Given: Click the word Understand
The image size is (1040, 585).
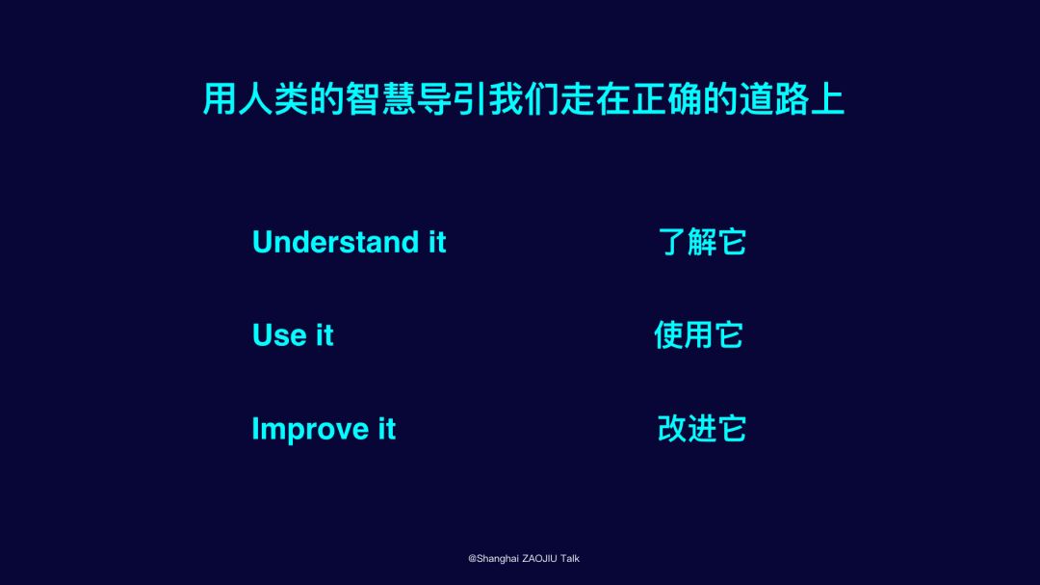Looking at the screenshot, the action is point(336,242).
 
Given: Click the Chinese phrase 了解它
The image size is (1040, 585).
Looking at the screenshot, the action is point(702,242).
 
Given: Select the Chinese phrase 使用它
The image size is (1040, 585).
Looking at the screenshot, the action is point(698,334).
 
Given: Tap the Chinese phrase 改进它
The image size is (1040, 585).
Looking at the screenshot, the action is point(702,429).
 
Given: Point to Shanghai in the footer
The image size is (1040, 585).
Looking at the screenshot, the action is point(498,558).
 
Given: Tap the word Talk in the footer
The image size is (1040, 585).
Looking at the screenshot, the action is point(570,558).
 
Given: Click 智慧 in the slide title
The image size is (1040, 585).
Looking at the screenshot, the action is point(380,99).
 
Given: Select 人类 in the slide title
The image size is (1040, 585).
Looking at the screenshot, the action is point(273,99).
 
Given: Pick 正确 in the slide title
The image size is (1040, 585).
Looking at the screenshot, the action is point(666,99).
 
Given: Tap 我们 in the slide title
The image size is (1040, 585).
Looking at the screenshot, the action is point(523,99).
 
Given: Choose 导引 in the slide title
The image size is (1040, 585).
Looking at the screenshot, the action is point(452,99).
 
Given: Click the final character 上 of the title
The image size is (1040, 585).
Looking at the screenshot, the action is point(827,99).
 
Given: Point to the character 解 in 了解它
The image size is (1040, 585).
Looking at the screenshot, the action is point(702,242).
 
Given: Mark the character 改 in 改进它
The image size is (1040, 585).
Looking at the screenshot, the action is point(671,429).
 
